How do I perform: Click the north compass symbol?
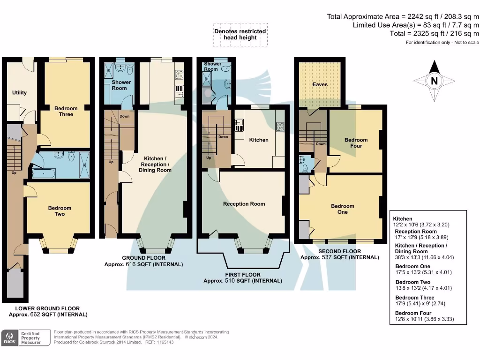(434, 81)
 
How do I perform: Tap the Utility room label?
(19, 92)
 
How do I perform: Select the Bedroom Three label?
(66, 111)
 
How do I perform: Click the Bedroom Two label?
(60, 211)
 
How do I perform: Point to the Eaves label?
(320, 84)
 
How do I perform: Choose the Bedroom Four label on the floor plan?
(356, 142)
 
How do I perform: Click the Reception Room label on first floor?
(244, 204)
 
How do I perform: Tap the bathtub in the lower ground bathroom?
(44, 173)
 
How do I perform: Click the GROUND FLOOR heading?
(143, 258)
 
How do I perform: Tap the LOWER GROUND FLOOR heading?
(47, 308)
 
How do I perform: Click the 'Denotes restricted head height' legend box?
(240, 34)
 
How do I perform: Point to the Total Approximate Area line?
(403, 16)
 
